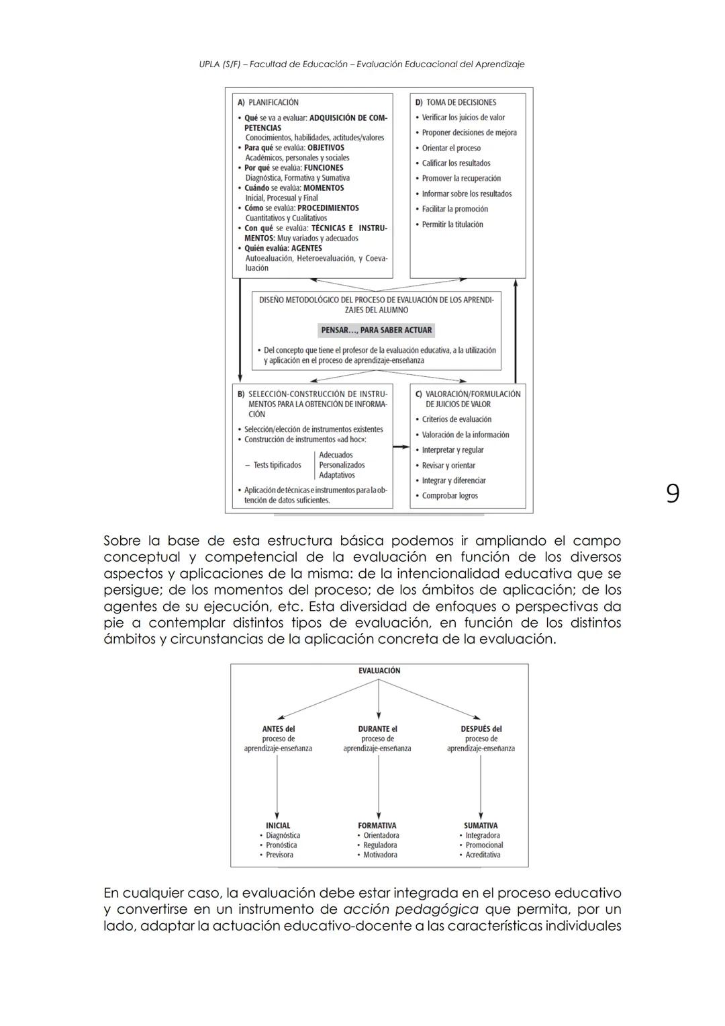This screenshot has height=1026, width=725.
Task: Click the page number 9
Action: tap(672, 494)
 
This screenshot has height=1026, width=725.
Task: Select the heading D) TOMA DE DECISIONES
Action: tap(456, 103)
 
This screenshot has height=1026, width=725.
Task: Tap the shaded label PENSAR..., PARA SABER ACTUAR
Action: tap(376, 331)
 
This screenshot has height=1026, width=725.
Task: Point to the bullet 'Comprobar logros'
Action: tap(450, 496)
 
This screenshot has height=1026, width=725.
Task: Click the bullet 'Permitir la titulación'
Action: tap(452, 224)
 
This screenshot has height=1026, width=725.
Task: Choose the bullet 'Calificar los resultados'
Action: tap(456, 163)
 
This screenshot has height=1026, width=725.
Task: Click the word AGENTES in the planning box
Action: tap(306, 249)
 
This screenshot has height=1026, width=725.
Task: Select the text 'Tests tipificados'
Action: tap(277, 465)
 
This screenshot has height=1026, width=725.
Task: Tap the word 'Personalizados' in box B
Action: tap(342, 465)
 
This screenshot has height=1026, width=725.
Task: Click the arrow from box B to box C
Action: tap(401, 447)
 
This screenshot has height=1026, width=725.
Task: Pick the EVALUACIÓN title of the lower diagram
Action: tap(379, 671)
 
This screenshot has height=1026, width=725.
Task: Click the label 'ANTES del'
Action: tap(278, 729)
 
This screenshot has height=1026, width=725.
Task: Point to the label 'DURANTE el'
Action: tap(377, 729)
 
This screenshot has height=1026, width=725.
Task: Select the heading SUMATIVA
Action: tap(481, 826)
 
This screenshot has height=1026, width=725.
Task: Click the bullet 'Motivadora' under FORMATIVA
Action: tap(380, 855)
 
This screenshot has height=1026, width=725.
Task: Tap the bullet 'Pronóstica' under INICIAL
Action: tap(281, 845)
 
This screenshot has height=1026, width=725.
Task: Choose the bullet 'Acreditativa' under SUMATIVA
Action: tap(483, 855)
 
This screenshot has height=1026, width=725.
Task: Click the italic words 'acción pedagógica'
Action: tap(410, 910)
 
